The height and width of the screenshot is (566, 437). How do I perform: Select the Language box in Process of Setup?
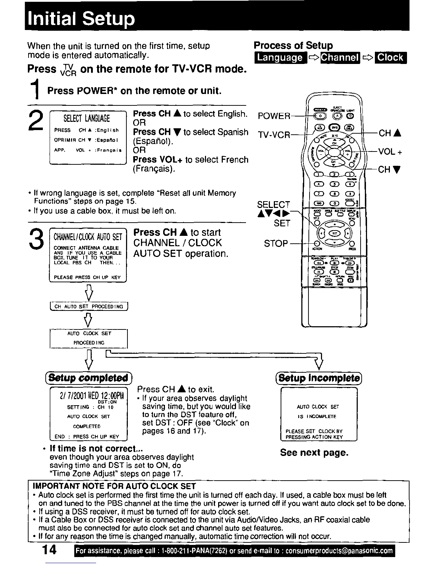280,58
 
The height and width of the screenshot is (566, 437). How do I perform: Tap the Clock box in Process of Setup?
391,58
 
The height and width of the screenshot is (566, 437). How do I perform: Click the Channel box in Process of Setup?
340,58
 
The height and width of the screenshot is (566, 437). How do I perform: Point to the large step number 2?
36,120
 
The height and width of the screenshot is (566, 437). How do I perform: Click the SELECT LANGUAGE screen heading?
87,119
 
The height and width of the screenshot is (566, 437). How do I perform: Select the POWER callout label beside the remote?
274,116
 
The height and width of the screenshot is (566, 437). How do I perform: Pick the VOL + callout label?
390,152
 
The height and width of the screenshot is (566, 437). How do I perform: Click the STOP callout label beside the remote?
276,244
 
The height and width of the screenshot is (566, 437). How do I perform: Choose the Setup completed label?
88,378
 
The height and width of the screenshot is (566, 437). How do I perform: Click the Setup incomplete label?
319,378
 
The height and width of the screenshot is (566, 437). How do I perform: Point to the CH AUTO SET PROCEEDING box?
89,307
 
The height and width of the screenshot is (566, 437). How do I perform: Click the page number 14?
49,551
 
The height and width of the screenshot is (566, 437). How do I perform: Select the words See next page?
314,453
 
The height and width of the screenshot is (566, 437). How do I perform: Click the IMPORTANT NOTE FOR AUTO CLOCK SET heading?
114,486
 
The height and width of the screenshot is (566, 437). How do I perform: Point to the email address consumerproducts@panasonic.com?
339,551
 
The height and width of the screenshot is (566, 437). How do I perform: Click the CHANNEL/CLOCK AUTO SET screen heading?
88,237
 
